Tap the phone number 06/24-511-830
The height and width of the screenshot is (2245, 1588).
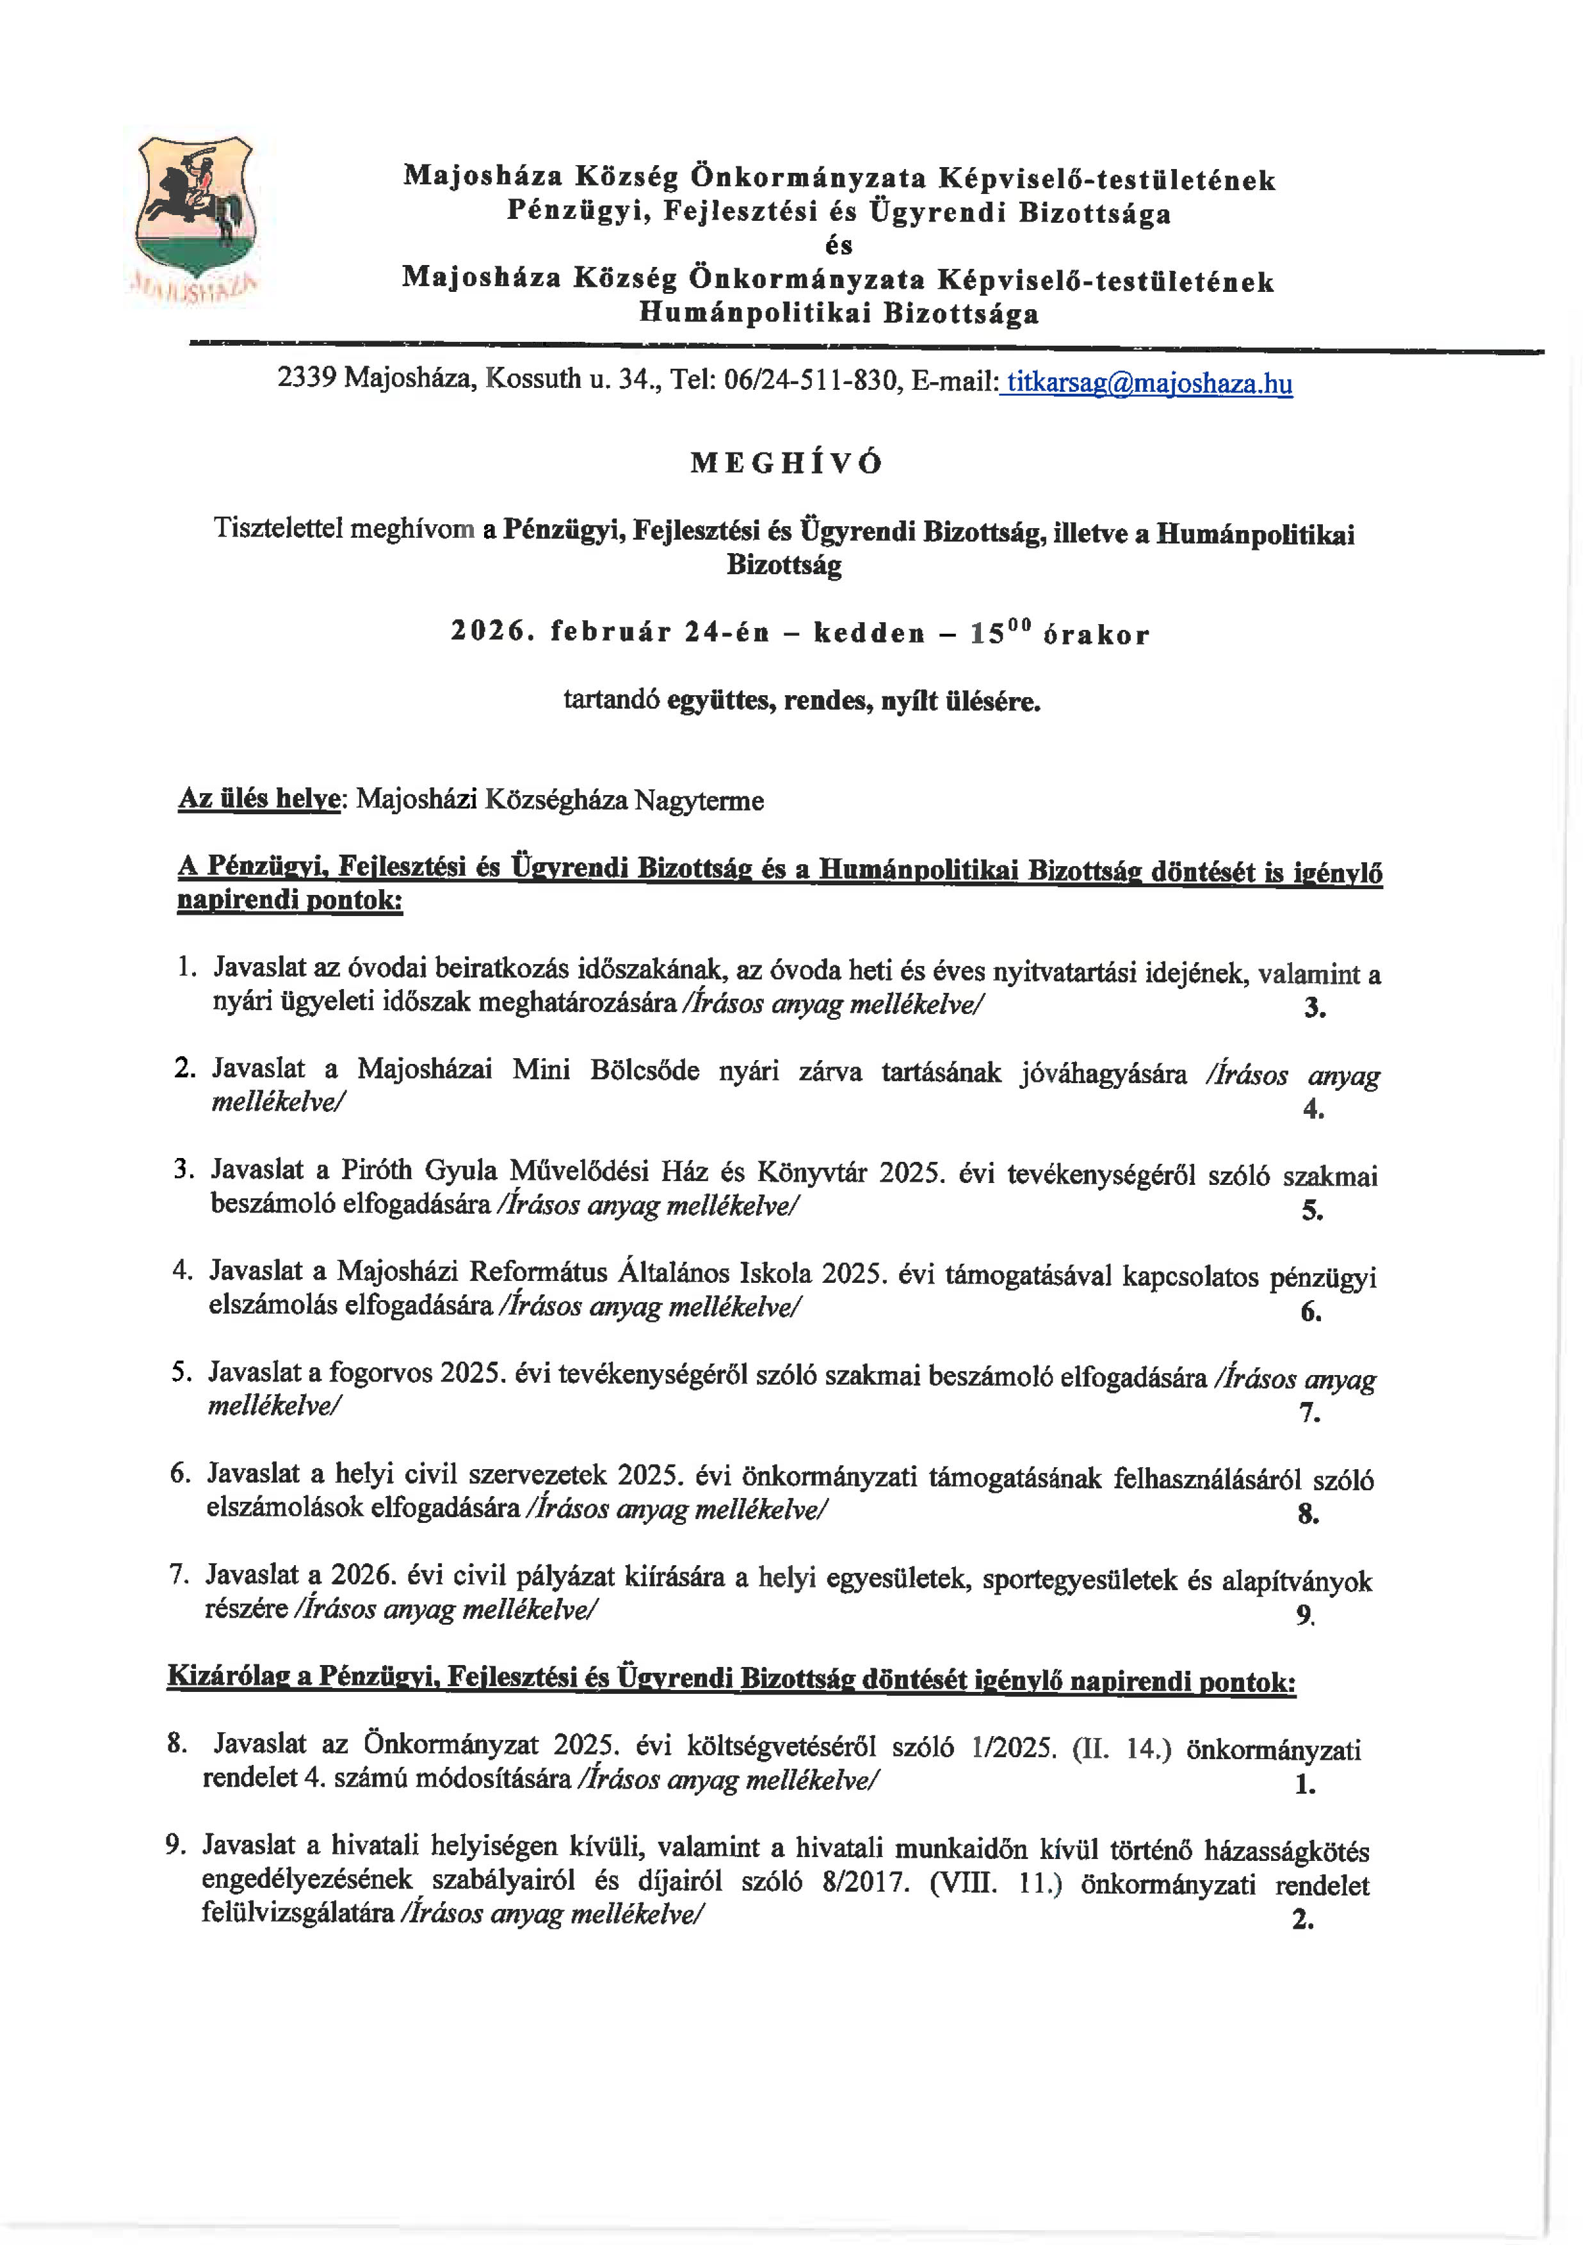[x=811, y=380]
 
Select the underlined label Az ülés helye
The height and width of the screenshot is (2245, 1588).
[x=258, y=799]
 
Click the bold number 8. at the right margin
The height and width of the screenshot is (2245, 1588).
[x=1308, y=1515]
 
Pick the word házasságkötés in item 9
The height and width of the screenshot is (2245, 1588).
[x=1287, y=1850]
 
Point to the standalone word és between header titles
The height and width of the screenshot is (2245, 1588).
[x=838, y=245]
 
